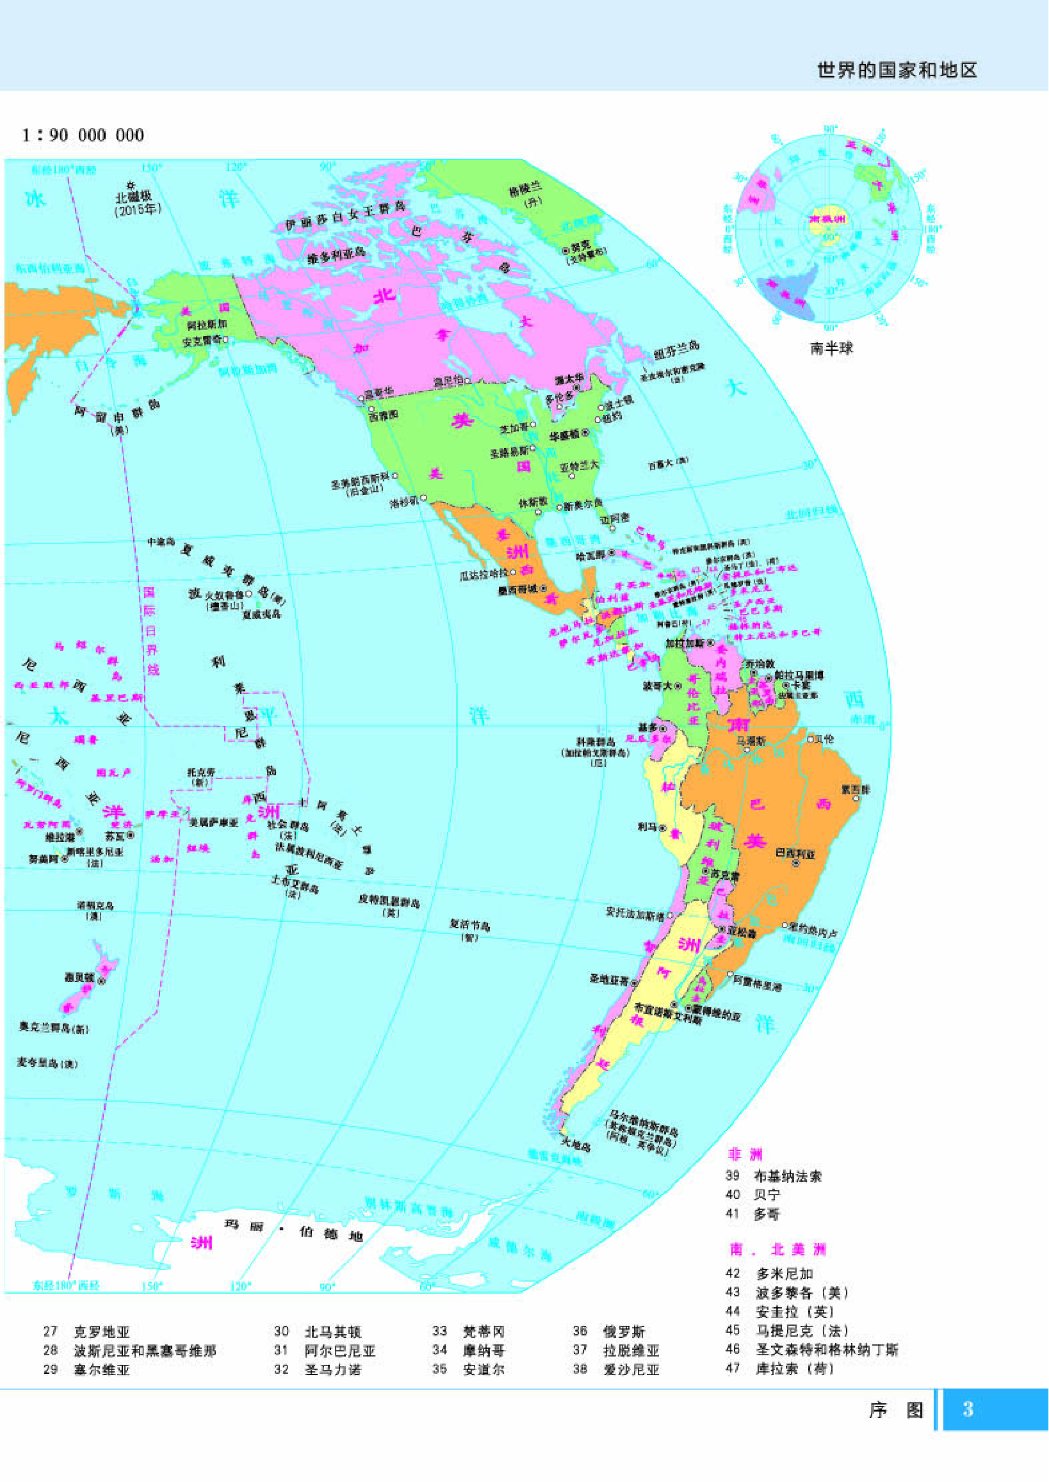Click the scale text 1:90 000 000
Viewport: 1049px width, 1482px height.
tap(83, 135)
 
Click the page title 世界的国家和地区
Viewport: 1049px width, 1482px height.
tap(897, 70)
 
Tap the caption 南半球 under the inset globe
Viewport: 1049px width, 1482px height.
tap(831, 348)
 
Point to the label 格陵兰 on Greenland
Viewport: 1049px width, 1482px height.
tap(524, 190)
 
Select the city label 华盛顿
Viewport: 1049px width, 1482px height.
tap(565, 435)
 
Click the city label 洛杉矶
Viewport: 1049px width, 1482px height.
tap(404, 502)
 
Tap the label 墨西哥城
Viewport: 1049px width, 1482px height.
tap(518, 589)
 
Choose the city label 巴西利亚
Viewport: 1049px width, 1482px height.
tap(795, 854)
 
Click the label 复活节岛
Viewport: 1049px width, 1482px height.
tap(469, 924)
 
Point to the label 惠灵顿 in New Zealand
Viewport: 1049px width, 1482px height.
tap(79, 977)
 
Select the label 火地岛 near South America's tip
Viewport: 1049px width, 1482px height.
tap(576, 1145)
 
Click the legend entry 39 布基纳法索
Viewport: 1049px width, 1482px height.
tap(773, 1176)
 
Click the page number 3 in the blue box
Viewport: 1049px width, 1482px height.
tap(967, 1408)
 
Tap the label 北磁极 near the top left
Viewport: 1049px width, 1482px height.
tap(133, 197)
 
